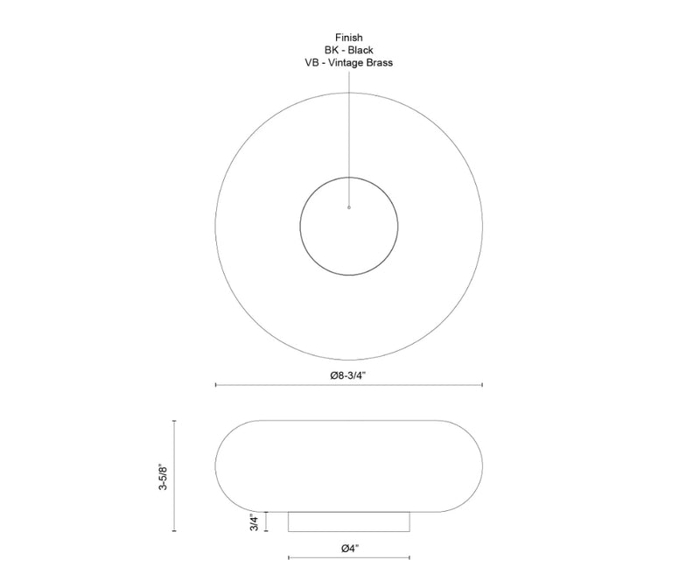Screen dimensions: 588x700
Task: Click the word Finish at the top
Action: [x=348, y=38]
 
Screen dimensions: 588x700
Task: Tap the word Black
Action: [x=360, y=50]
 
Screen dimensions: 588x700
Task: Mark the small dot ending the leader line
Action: [x=348, y=207]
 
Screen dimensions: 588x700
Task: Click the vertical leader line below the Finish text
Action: [x=348, y=131]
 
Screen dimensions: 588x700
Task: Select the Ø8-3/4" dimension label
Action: [x=348, y=374]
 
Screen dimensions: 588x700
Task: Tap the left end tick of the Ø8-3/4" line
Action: [x=216, y=384]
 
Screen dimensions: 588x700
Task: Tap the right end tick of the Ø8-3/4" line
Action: [x=482, y=384]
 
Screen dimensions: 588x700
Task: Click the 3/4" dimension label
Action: [x=254, y=521]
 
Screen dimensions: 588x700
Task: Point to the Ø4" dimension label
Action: [x=349, y=548]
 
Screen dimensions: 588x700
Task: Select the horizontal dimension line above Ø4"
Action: [x=349, y=557]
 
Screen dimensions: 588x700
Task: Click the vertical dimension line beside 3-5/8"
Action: [x=174, y=476]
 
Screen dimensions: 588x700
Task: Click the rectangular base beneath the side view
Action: [x=349, y=521]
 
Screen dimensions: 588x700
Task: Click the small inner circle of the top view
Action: [x=348, y=225]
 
